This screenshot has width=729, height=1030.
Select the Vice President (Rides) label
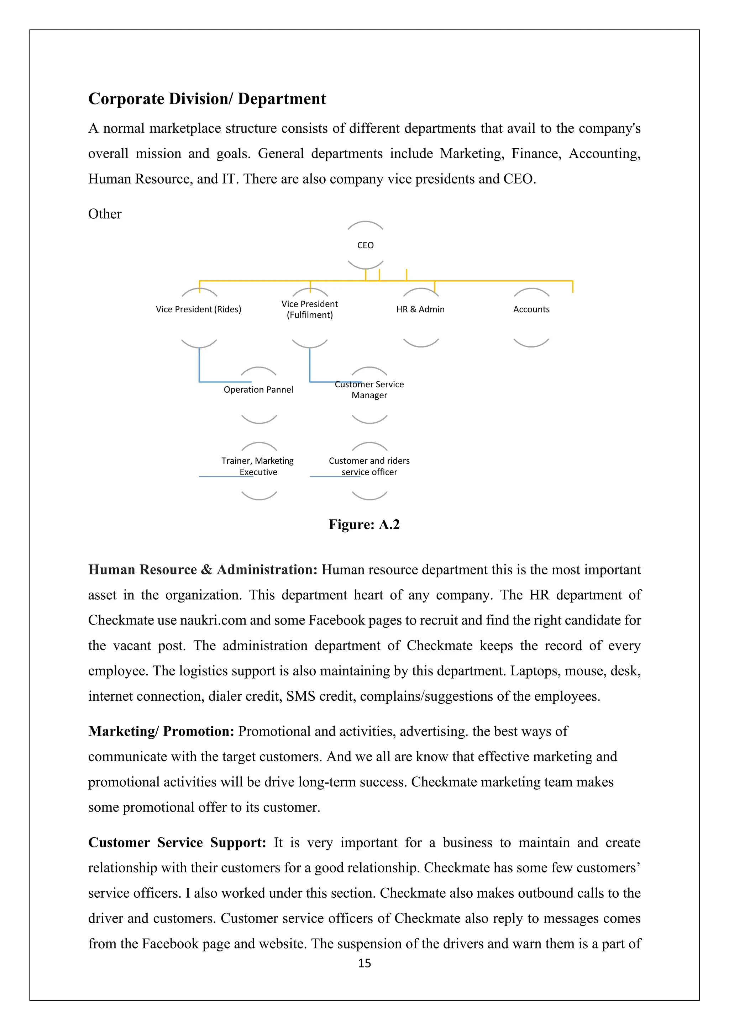click(x=198, y=309)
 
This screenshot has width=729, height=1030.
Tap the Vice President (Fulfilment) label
click(x=310, y=309)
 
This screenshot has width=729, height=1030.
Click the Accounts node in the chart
click(x=531, y=309)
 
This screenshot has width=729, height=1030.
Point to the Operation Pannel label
click(x=258, y=389)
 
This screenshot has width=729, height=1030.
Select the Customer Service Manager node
click(x=369, y=389)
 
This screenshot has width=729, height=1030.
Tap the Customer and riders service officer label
click(x=369, y=466)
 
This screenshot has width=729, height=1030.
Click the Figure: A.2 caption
click(x=364, y=524)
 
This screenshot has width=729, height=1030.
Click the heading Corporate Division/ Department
click(x=207, y=99)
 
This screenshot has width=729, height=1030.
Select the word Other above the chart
click(x=105, y=214)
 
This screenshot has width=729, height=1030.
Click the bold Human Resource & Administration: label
click(x=203, y=569)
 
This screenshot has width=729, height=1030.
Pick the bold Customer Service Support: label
click(x=177, y=843)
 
